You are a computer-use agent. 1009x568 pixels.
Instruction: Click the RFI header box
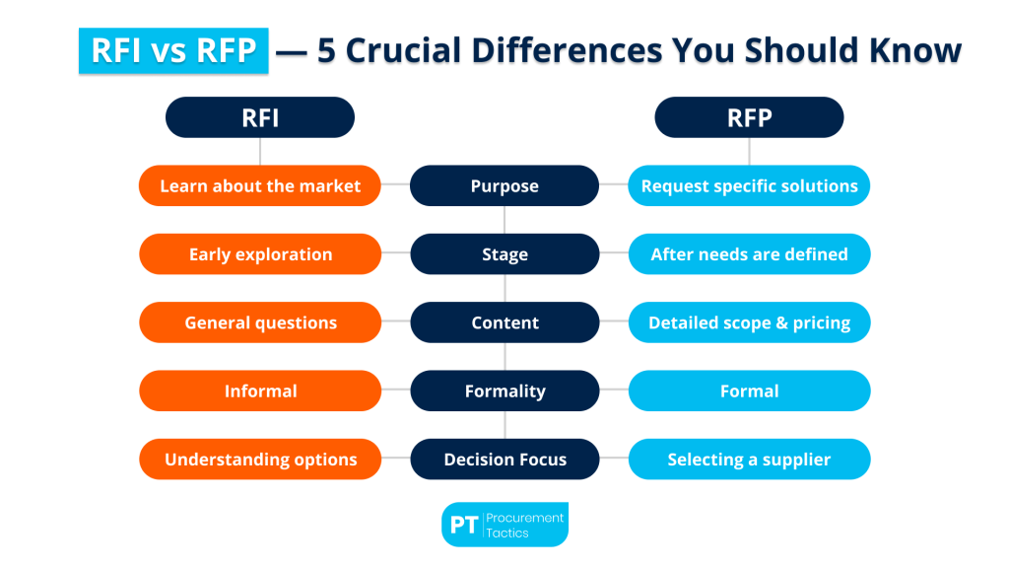click(260, 117)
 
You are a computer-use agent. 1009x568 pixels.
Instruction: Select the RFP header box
click(749, 117)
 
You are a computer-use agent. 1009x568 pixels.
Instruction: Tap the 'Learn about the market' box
click(260, 185)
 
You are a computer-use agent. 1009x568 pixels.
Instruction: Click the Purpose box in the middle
click(504, 185)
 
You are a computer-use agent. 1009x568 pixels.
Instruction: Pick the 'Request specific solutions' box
click(749, 185)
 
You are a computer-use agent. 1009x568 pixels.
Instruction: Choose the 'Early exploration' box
click(260, 254)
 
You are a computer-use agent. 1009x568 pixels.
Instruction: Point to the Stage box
click(504, 254)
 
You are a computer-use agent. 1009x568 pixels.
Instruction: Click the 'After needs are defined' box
click(749, 254)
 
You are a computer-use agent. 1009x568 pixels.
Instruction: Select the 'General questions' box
click(260, 322)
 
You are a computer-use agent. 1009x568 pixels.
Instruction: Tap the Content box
click(504, 322)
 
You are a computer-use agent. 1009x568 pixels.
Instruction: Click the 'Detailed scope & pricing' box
click(749, 322)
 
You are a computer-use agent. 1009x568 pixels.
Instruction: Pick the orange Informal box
click(260, 390)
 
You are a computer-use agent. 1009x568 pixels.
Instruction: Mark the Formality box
click(504, 390)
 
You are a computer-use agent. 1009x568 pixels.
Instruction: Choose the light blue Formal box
click(749, 390)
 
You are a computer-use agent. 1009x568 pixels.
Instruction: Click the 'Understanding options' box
click(260, 460)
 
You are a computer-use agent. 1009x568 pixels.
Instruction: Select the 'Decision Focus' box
click(504, 460)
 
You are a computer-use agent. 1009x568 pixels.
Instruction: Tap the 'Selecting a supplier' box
click(749, 460)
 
